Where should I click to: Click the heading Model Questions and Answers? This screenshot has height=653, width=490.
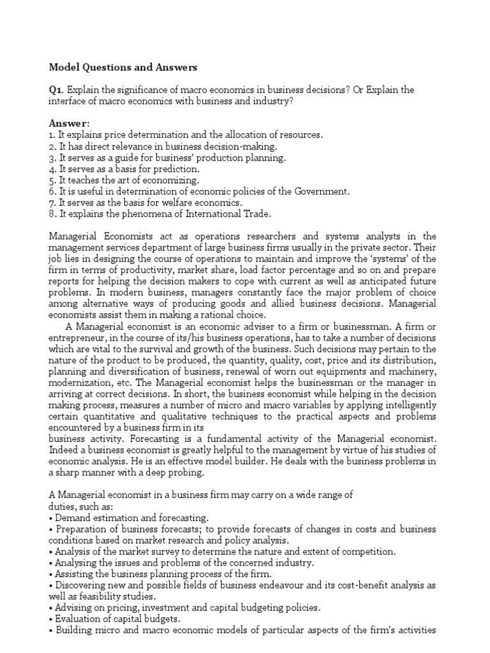123,67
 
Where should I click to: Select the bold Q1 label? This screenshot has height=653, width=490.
56,90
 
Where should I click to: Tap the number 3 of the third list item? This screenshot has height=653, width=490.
52,158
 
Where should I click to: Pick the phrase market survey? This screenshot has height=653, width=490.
144,552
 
